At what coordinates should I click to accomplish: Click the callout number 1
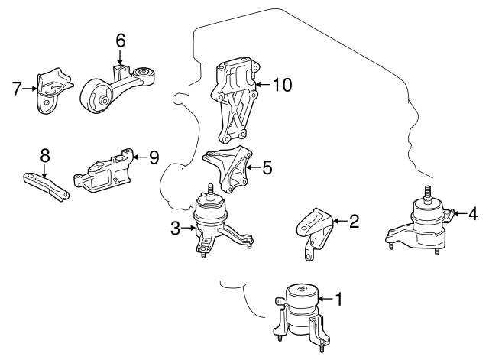(338, 300)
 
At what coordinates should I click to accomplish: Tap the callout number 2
(354, 222)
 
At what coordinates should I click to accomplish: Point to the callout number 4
(474, 213)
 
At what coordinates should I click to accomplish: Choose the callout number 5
(267, 166)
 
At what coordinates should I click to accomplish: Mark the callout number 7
(17, 89)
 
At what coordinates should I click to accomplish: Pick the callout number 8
(44, 154)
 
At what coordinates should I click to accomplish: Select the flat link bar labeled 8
(45, 186)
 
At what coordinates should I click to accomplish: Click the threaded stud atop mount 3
(209, 189)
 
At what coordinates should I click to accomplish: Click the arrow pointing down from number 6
(120, 59)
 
